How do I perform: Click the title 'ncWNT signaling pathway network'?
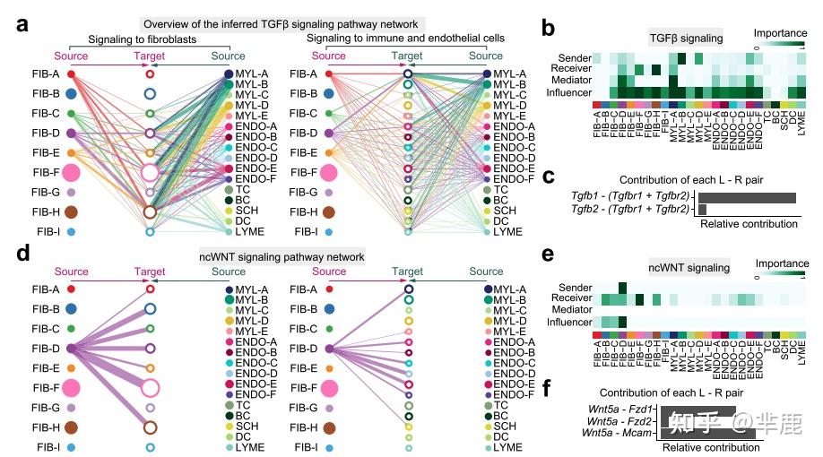point(282,256)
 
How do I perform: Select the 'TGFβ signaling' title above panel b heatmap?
point(688,38)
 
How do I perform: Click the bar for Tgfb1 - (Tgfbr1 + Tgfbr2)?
point(747,197)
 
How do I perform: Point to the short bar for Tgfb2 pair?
point(703,209)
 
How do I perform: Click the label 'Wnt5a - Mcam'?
point(619,433)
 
